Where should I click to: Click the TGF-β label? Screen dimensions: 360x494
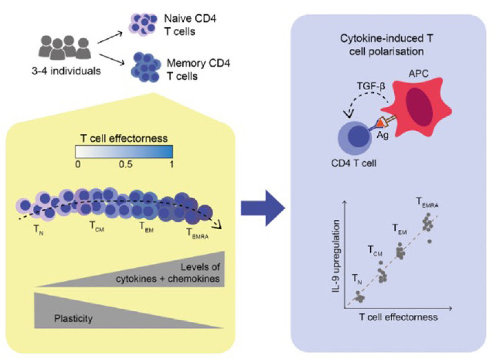click(x=371, y=86)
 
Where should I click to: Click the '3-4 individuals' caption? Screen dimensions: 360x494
click(x=66, y=71)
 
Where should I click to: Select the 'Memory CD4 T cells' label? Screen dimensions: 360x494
click(x=198, y=70)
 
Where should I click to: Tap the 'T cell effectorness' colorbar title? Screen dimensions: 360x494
click(x=124, y=138)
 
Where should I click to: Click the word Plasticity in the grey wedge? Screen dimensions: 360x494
click(x=73, y=318)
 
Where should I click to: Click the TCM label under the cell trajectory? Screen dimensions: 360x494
click(x=97, y=227)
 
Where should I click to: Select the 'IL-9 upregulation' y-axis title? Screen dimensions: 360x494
click(x=336, y=256)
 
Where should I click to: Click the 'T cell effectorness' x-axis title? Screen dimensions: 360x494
click(x=398, y=317)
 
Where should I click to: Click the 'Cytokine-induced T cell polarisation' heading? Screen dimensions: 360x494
click(x=386, y=45)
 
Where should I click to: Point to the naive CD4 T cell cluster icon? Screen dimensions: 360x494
click(x=143, y=25)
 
